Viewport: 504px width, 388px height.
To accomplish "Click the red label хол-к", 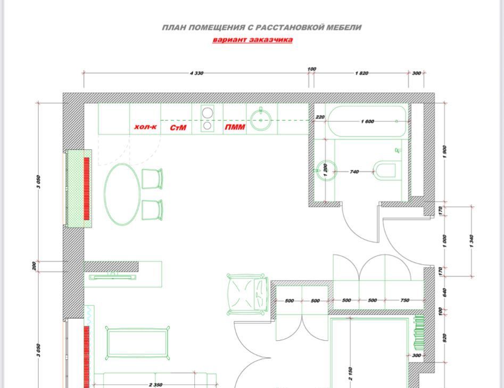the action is pos(145,127).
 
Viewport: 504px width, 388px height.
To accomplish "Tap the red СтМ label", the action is pos(178,128).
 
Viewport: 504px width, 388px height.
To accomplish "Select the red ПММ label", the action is pos(235,128).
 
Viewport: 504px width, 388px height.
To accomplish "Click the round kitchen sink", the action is pos(261,120).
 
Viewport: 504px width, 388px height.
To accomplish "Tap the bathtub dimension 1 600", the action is pos(367,122).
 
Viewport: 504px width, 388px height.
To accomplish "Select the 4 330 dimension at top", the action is pos(197,73).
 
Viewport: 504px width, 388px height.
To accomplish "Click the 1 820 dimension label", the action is pos(361,73).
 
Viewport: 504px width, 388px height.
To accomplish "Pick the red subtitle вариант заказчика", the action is pos(253,40).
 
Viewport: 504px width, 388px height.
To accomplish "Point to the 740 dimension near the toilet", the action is pos(354,172).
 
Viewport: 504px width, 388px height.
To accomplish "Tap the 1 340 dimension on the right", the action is pos(472,241).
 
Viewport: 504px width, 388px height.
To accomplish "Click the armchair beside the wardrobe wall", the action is pos(247,294).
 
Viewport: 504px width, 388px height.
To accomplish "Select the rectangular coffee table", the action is pos(137,343).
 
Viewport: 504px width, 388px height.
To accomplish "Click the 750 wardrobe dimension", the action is pos(405,300).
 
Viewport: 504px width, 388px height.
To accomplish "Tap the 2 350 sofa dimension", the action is pos(155,384).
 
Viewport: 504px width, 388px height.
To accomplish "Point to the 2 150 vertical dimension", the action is pos(350,374).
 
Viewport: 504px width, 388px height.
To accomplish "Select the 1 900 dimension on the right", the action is pos(444,152).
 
